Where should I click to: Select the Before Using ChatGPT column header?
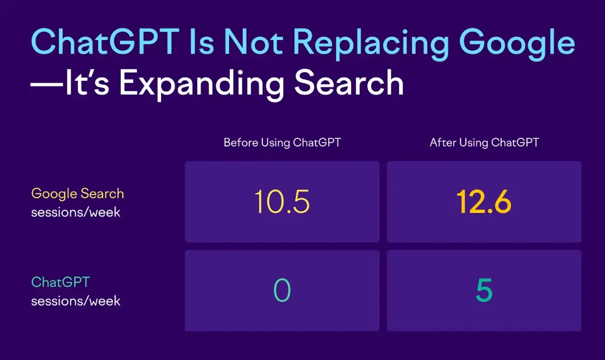coord(282,142)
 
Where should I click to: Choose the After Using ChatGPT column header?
coord(484,142)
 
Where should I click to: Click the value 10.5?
coord(282,202)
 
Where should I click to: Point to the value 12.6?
coord(484,202)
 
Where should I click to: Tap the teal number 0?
coord(282,291)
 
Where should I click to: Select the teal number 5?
coord(484,291)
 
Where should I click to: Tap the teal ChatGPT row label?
coord(60,282)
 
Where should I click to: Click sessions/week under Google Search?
coord(76,213)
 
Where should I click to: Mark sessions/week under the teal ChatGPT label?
coord(76,301)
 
